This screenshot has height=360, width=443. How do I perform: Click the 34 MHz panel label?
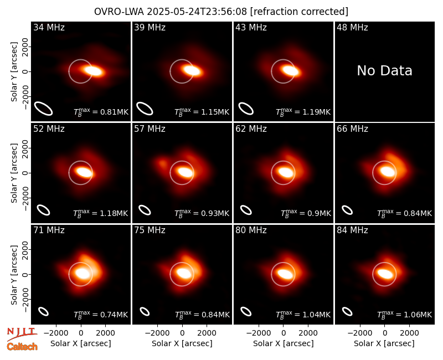coord(49,27)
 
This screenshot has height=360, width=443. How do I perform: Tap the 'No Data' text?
coord(384,71)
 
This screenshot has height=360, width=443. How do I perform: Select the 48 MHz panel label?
coord(352,27)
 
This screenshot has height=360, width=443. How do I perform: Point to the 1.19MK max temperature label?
coord(316,112)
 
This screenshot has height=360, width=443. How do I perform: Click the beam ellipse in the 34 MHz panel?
coord(43,109)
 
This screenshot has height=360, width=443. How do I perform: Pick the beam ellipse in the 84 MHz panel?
coord(347,311)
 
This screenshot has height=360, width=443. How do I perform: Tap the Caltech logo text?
coord(22,347)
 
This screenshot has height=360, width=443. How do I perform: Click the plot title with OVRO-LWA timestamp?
coord(221,12)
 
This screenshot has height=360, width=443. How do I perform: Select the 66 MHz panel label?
coord(352,129)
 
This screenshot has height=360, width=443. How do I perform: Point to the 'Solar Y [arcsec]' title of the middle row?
coord(14,173)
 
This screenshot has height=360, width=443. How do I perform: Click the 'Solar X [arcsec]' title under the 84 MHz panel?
coord(384,343)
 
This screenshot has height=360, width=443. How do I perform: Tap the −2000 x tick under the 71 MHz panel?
coord(56,333)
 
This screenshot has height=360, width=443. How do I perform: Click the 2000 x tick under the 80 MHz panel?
coord(308,333)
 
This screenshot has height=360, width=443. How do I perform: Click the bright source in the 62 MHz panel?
coord(286,172)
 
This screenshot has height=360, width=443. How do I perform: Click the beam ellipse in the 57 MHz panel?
coord(145,210)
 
